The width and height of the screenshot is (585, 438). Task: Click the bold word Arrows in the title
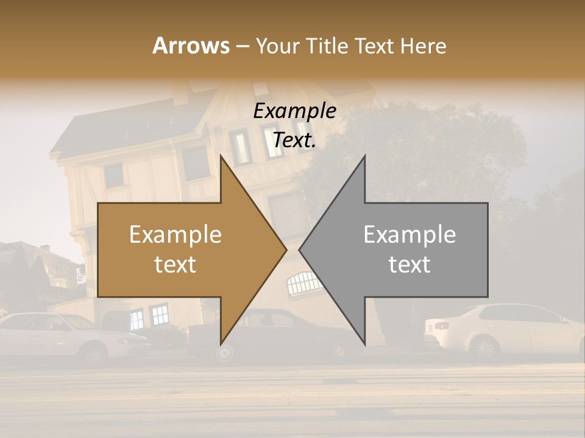pos(191,46)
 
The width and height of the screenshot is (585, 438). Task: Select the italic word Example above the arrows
pos(295,111)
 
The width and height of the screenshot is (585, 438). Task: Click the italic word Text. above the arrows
pos(295,141)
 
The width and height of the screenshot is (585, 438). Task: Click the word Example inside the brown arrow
pos(175,235)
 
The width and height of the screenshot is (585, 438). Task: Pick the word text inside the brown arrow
pos(175,265)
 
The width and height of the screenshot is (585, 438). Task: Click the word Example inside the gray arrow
pos(409,235)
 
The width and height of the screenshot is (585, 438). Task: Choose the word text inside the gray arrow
pos(409,265)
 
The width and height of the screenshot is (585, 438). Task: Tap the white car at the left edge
pos(55,335)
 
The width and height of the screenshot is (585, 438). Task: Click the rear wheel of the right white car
pos(485,349)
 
